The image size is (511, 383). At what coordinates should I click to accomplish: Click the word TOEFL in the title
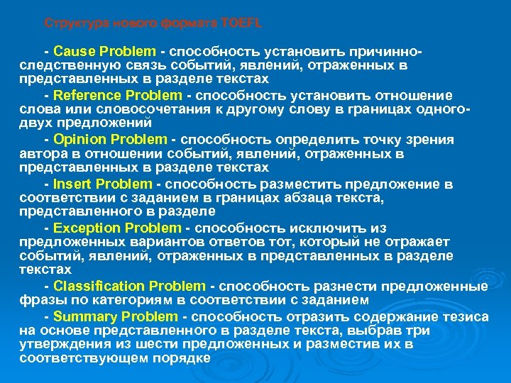[242, 23]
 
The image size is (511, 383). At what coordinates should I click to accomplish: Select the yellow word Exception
[82, 228]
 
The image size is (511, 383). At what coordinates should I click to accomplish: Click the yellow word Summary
[80, 316]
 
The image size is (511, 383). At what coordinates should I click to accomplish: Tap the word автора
[42, 153]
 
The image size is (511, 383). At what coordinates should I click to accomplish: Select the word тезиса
[469, 316]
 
